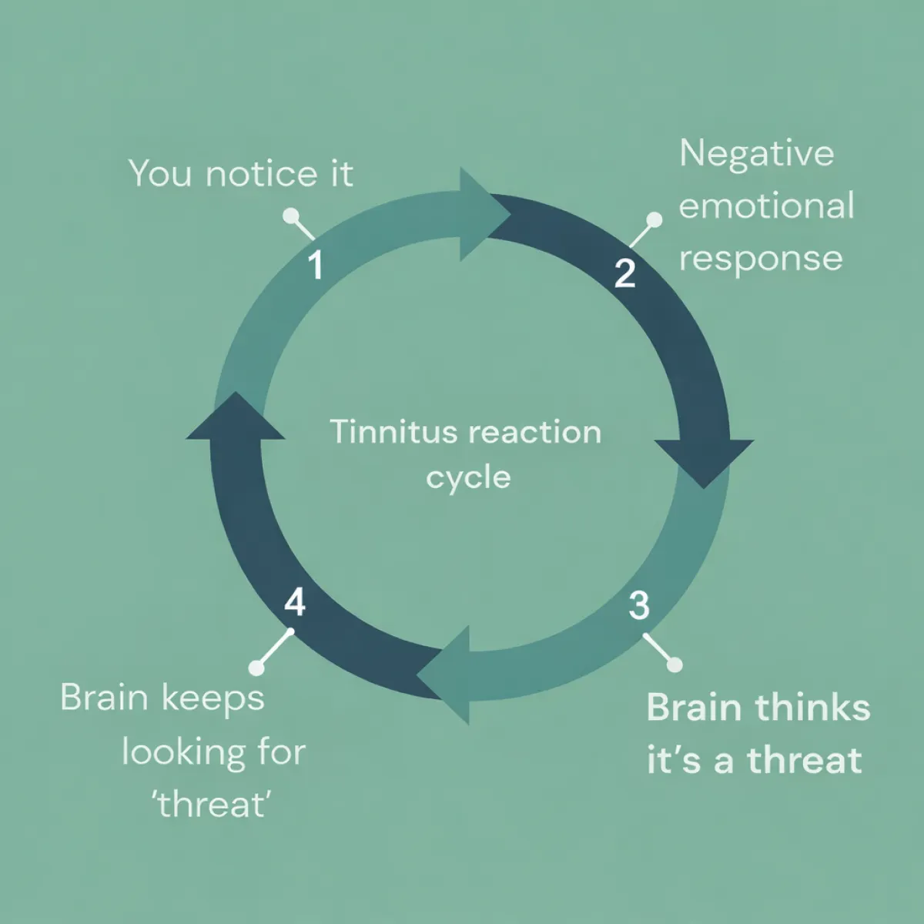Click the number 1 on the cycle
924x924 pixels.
(316, 265)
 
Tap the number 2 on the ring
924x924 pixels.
(624, 273)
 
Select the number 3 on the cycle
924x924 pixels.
(638, 605)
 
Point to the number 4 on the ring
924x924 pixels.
(295, 602)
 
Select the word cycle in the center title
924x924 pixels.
(468, 477)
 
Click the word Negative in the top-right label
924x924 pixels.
(756, 154)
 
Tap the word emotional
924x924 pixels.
(766, 206)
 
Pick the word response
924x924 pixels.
(761, 259)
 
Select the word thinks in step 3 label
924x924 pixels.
(813, 708)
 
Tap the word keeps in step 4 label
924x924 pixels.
(213, 698)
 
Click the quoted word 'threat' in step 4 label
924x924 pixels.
(212, 805)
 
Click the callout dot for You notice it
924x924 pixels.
(290, 216)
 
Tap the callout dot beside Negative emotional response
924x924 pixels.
(654, 220)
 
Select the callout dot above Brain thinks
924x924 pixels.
(675, 665)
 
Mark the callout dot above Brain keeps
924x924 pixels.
(256, 668)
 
